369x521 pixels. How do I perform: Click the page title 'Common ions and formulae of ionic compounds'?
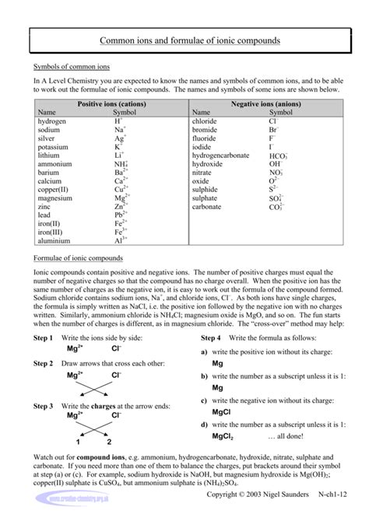click(184, 40)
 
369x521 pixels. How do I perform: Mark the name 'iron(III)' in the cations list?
click(51, 232)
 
